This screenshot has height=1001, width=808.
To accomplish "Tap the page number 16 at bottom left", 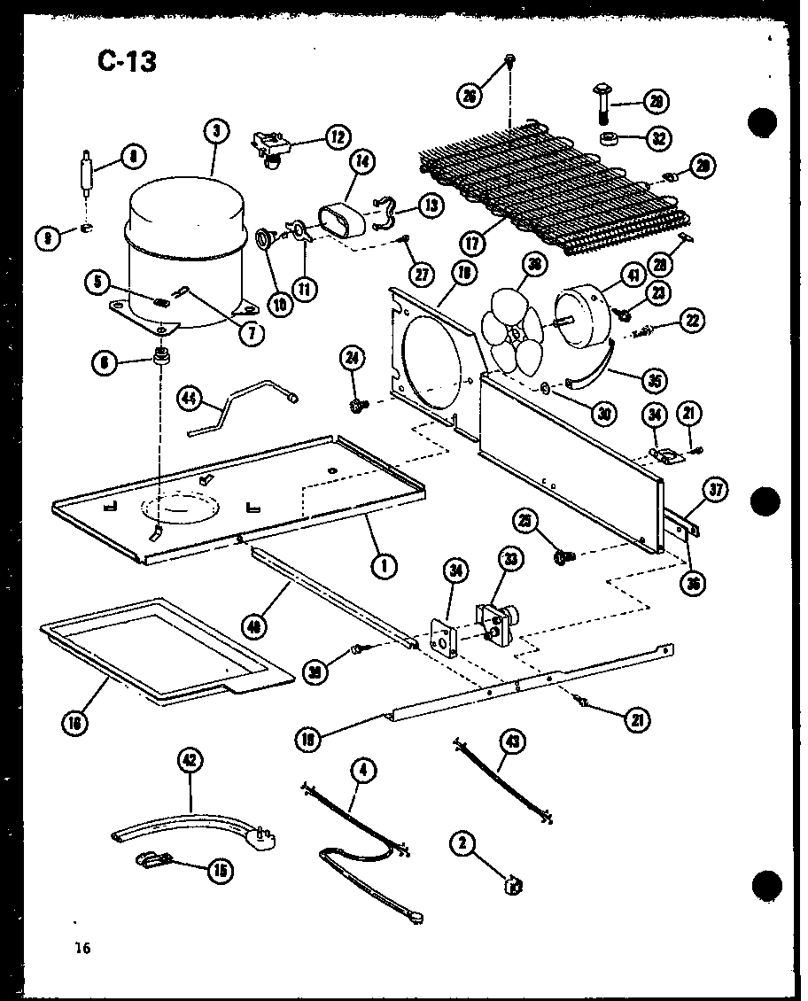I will pyautogui.click(x=82, y=948).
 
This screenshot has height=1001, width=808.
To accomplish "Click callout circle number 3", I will pyautogui.click(x=215, y=132).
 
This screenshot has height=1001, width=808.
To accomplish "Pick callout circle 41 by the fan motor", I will pyautogui.click(x=633, y=276).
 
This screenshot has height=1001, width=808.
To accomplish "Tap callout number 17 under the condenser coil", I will pyautogui.click(x=472, y=240).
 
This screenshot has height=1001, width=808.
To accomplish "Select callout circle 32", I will pyautogui.click(x=658, y=138).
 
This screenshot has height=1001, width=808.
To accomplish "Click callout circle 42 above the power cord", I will pyautogui.click(x=190, y=759).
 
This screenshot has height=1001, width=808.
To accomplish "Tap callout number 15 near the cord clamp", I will pyautogui.click(x=216, y=871).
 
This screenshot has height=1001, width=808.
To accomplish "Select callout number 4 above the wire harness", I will pyautogui.click(x=361, y=770).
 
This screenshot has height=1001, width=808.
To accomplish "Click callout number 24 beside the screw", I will pyautogui.click(x=353, y=359).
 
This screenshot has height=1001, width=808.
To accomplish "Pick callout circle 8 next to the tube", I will pyautogui.click(x=132, y=158).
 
